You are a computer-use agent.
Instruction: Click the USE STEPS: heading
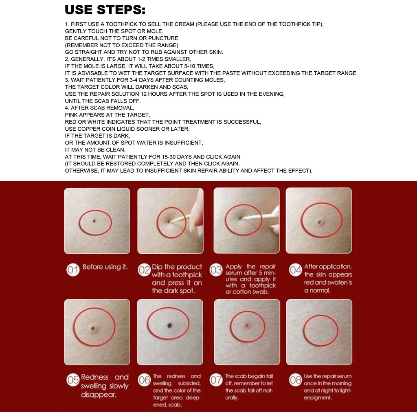pos(105,10)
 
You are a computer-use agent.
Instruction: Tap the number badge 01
pos(73,270)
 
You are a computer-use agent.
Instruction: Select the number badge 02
pos(145,270)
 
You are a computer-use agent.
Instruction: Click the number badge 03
pos(216,270)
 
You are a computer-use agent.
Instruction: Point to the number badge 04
pos(296,270)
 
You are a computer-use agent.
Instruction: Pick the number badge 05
pos(73,380)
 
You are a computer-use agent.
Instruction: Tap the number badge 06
pos(145,380)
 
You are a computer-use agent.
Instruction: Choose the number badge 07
pos(216,380)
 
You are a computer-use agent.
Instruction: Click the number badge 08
pos(296,380)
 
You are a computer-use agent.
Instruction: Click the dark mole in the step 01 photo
pos(94,221)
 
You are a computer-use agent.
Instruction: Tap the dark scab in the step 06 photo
pos(170,325)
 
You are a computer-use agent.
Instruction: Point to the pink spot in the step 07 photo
pos(247,325)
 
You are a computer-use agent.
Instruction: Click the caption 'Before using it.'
pos(105,267)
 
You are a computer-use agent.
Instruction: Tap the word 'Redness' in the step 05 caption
pos(94,377)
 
